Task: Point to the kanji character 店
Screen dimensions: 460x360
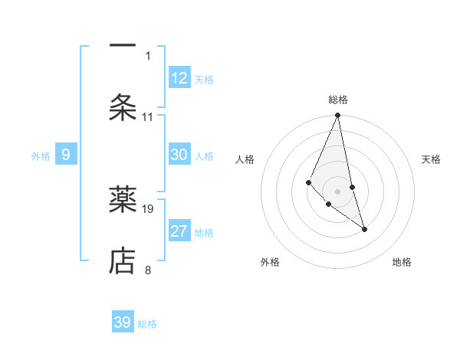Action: [x=123, y=260]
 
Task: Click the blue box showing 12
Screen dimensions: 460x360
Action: [x=179, y=78]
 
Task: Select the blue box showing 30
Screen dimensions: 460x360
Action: [x=179, y=155]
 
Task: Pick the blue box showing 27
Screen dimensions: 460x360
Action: [x=179, y=231]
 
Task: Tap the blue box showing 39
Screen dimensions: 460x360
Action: [x=123, y=322]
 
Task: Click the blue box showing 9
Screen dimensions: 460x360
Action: [x=66, y=155]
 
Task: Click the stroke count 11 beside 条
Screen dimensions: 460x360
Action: [x=148, y=116]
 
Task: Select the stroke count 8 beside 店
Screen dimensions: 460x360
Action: [x=148, y=270]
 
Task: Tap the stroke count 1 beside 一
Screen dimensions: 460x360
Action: [x=148, y=55]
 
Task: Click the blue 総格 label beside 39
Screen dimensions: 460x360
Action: [x=147, y=324]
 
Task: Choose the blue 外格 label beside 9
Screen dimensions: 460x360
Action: [x=41, y=156]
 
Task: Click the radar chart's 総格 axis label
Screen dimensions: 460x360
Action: [x=338, y=100]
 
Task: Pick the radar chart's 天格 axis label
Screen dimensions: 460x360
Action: [x=432, y=159]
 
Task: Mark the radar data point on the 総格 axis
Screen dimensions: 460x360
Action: [x=337, y=116]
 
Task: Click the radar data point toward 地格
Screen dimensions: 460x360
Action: [x=364, y=229]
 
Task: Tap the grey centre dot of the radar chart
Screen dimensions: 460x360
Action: [x=337, y=191]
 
